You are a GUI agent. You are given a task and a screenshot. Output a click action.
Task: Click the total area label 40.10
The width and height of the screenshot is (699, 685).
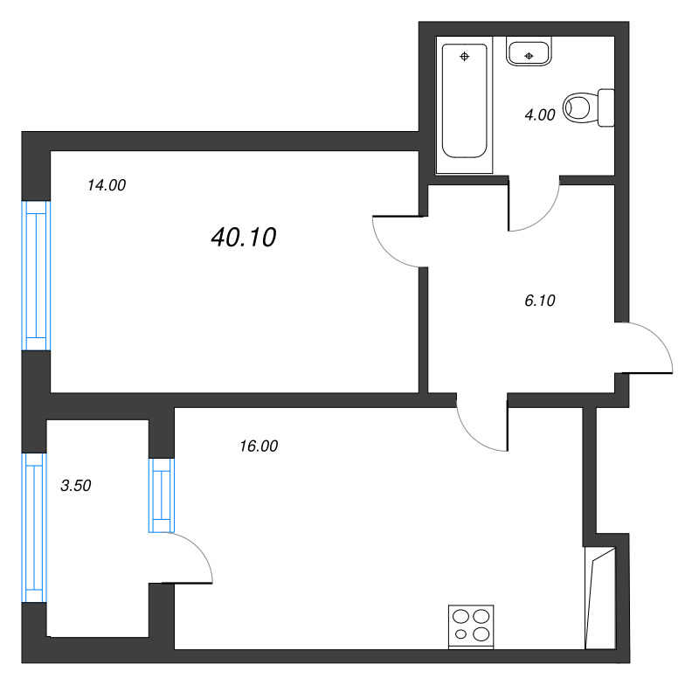(244, 237)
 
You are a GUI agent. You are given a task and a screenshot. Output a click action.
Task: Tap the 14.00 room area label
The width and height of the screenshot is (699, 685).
(107, 185)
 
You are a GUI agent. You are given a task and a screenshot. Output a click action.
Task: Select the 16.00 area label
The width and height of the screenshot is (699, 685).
(259, 446)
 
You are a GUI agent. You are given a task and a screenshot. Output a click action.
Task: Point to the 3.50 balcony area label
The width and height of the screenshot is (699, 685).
(76, 485)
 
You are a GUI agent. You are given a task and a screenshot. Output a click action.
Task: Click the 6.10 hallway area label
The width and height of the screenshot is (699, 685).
(540, 301)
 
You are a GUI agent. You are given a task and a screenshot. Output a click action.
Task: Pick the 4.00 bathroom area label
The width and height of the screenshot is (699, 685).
(540, 115)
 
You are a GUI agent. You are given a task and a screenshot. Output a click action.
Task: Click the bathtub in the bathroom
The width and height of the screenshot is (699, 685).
(465, 100)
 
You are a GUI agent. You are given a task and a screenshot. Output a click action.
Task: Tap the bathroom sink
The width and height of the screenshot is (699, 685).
(529, 52)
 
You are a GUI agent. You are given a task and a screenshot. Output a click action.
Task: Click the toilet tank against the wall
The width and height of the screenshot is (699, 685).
(606, 107)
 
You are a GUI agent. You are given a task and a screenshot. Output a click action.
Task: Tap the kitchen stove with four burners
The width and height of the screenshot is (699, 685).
(471, 626)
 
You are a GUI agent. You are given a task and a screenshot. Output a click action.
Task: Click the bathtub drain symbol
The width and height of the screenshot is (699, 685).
(465, 56)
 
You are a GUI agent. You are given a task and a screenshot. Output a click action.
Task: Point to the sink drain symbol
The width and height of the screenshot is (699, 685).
(529, 56)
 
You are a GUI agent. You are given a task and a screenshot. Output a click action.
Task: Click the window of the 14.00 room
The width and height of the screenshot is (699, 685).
(36, 276)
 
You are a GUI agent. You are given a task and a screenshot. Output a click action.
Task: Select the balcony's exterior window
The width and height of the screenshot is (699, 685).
(34, 528)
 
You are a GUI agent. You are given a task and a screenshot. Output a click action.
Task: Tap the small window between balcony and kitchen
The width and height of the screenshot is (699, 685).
(162, 495)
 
